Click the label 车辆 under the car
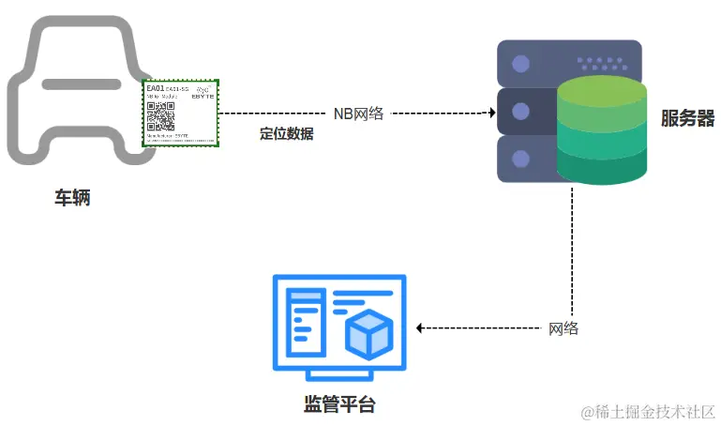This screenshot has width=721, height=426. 72,198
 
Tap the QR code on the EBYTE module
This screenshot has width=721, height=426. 160,118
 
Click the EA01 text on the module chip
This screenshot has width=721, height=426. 155,89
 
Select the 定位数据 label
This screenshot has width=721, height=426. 286,133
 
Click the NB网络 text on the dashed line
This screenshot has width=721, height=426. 359,113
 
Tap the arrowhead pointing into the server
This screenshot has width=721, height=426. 490,113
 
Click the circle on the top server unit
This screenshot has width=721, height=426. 520,64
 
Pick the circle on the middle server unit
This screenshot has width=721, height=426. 520,112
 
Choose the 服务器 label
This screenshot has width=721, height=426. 687,118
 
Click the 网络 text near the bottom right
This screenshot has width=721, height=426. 563,328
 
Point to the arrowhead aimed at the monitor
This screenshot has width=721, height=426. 420,328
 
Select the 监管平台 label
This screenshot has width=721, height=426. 338,405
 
